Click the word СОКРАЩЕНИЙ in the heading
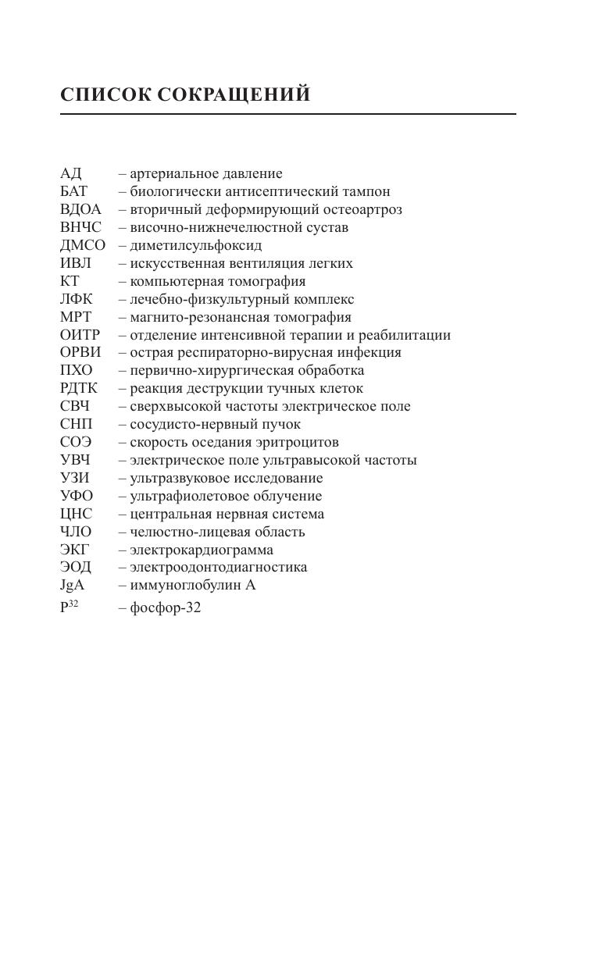[234, 95]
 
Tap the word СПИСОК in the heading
[105, 95]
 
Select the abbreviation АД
[70, 173]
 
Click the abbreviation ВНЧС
[80, 227]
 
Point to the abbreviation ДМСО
[82, 245]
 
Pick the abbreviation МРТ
[75, 317]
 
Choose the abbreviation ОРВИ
[80, 352]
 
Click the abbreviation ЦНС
[76, 514]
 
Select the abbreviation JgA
[72, 585]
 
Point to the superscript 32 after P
[73, 603]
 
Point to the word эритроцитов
[301, 442]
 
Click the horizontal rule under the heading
[287, 114]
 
